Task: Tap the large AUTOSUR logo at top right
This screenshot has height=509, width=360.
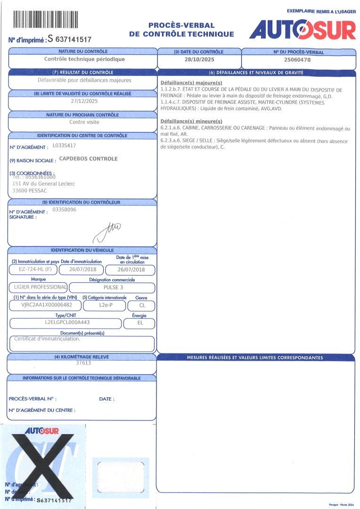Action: pyautogui.click(x=303, y=30)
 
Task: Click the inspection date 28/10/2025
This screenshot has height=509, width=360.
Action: pyautogui.click(x=199, y=60)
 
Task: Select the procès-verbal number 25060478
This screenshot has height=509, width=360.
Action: pyautogui.click(x=298, y=60)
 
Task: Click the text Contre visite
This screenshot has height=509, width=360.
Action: pyautogui.click(x=84, y=122)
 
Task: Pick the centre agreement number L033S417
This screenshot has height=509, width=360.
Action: pyautogui.click(x=65, y=146)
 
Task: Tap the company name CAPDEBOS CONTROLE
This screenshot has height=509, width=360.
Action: pyautogui.click(x=88, y=159)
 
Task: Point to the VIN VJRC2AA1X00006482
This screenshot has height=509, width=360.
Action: pyautogui.click(x=45, y=305)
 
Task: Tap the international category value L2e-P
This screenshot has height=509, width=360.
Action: pyautogui.click(x=104, y=305)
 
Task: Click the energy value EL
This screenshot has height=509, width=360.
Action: pyautogui.click(x=140, y=323)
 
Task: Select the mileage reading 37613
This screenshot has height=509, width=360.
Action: pyautogui.click(x=83, y=363)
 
